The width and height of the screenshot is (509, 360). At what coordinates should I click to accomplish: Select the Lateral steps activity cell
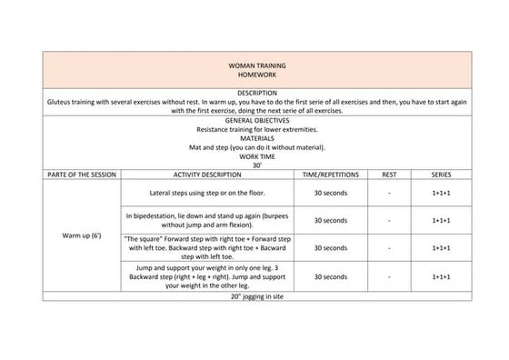tap(206, 194)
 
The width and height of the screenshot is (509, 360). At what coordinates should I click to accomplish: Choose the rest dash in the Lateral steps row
tap(389, 194)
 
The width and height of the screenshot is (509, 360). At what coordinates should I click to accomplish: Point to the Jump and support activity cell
tap(206, 276)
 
